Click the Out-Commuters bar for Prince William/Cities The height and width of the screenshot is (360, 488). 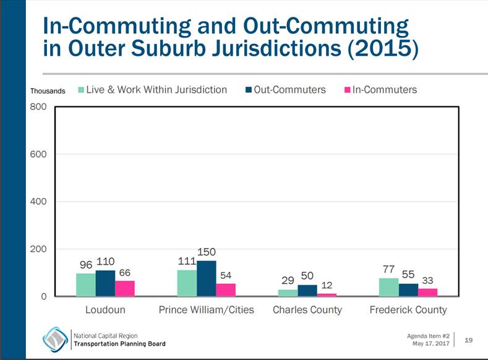(207, 279)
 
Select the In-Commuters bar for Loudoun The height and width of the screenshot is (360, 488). (125, 289)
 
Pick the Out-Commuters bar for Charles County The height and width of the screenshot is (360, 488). (307, 291)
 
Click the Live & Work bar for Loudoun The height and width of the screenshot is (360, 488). (86, 285)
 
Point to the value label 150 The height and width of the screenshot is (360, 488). (207, 252)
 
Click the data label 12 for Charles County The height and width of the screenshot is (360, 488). (328, 285)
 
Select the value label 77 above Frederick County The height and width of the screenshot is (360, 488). (388, 270)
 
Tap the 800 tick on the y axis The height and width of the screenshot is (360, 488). (38, 106)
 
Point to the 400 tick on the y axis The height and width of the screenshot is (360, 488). (38, 202)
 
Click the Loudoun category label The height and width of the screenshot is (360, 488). (106, 309)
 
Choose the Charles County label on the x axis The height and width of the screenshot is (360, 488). (307, 309)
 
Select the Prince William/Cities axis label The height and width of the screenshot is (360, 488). (207, 309)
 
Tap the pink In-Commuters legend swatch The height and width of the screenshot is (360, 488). (347, 90)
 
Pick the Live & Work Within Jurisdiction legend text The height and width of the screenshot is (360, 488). (156, 90)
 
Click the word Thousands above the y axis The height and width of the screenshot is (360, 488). (48, 91)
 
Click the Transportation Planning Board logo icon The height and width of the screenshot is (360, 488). (55, 338)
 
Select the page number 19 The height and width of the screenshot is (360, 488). (468, 339)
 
